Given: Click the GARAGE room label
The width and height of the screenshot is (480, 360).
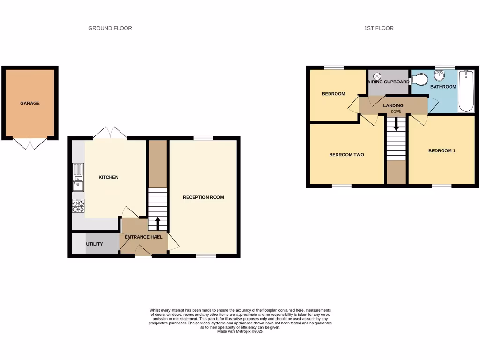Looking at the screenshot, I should coord(30,103).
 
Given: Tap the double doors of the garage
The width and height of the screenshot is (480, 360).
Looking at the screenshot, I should coord(30,143).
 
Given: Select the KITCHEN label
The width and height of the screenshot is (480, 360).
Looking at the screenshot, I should coord(108,177).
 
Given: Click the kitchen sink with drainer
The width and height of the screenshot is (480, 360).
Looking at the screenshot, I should coord(78,178).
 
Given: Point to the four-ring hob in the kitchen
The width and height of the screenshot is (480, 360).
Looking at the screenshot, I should coord(78,206).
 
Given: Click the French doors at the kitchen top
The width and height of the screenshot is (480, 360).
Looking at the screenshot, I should coord(110,133).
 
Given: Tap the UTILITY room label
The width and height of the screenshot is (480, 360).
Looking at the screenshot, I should coord(94,244).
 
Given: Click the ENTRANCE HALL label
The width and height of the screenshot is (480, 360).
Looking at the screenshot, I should coord(143,237).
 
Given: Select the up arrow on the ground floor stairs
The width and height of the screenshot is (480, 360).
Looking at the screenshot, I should coord(157,223).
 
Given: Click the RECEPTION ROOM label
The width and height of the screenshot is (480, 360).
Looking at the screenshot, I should coord(203,197).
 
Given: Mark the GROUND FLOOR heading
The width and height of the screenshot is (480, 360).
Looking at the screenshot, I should coord(110,28).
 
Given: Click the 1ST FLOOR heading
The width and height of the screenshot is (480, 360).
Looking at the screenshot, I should coord(379,28).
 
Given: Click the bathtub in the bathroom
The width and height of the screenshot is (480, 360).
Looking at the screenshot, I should coord(466,91).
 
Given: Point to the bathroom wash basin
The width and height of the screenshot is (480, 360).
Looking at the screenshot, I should coord(439,76).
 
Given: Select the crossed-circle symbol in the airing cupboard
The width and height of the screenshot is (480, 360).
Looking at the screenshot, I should coord(377,76).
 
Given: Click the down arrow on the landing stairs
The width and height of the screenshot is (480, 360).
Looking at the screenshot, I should coord(396,124).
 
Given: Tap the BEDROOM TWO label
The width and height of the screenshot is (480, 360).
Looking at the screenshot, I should coord(346,155).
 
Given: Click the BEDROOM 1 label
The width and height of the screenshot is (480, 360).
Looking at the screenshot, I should coord(442,151).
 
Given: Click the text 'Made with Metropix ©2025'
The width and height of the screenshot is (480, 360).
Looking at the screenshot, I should coord(240,331).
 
